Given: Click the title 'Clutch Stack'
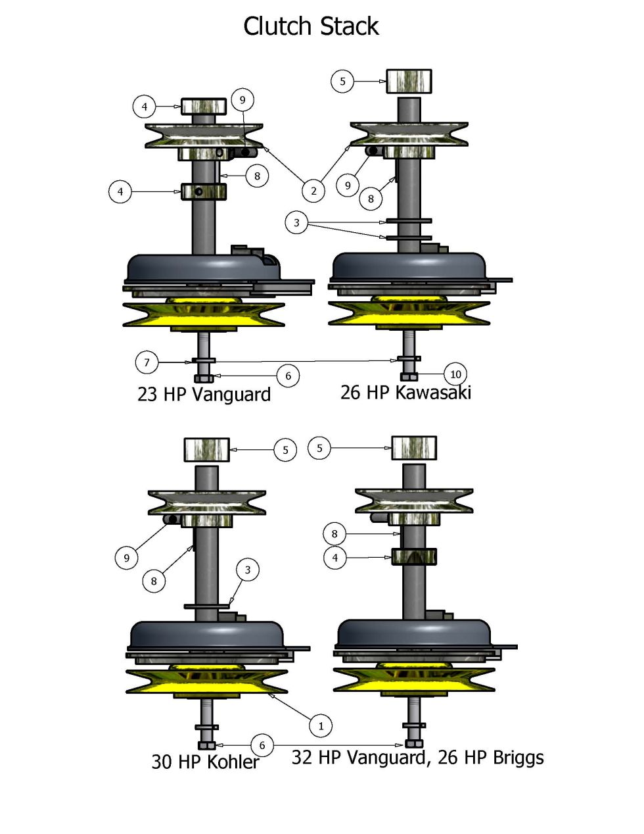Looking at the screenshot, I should pos(311,27).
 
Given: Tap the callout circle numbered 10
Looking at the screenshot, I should pos(455,374).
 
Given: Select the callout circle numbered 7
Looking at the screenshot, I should pos(147,362).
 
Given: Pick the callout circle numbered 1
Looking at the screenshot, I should pos(321,725).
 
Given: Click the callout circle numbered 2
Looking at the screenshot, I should pos(313,191).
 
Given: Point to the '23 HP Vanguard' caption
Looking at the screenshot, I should pos(204,395).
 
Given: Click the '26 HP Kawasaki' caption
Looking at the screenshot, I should pos(405,393).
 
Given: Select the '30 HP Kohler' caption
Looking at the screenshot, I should pos(205,762).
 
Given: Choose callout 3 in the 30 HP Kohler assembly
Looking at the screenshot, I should pos(248,570).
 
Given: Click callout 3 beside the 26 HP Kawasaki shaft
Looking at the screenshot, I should pos(296,223).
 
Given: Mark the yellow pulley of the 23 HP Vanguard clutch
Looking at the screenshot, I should pos(204,314).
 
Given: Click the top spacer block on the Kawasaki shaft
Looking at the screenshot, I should pos(408,82).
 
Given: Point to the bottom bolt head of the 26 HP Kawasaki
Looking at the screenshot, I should pos(409,377).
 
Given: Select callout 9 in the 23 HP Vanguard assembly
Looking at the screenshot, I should pos(242,100).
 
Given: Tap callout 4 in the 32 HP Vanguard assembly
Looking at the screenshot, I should pos(335,558).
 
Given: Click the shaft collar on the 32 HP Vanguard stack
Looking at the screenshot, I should pos(414,557).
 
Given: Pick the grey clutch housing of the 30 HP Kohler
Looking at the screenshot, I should pos(207,635).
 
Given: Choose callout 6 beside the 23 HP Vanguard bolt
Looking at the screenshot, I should pos(288,376).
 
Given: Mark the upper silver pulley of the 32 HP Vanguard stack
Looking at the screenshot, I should pos(414,501).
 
